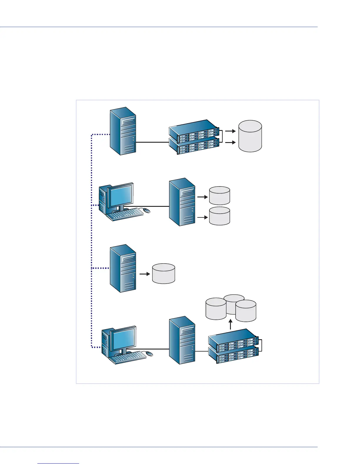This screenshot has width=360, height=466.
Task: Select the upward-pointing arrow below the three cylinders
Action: point(231,325)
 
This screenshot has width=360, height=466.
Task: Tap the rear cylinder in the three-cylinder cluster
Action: point(234,300)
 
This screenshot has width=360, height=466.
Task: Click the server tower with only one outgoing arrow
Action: point(123,268)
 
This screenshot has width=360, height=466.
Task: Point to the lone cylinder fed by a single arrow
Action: point(164,274)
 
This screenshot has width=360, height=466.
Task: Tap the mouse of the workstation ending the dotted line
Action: point(149,353)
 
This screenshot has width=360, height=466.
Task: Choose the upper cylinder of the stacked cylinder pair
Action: point(219,196)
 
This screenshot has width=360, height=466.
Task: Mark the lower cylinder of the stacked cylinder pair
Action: point(219,216)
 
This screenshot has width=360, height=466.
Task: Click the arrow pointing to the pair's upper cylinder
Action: point(202,197)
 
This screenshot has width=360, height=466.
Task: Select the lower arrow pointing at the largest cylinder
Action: point(231,142)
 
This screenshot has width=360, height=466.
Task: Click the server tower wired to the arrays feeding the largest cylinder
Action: point(123,131)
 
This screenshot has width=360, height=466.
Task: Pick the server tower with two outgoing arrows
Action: point(182,202)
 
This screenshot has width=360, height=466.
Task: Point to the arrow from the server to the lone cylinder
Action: point(144,274)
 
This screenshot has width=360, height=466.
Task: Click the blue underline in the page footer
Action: point(59,464)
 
